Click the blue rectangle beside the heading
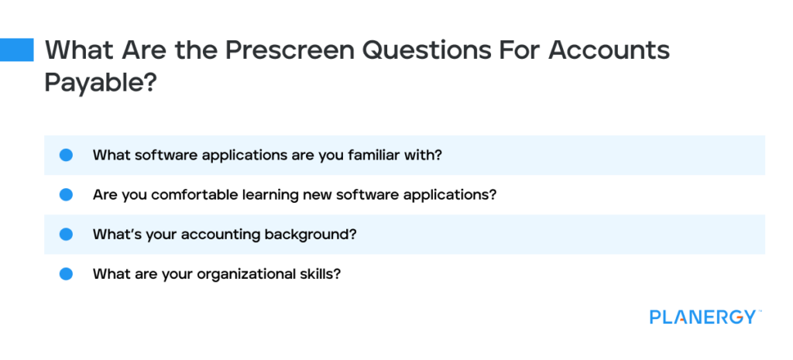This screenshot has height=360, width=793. [17, 50]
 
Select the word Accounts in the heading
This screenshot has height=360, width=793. [609, 50]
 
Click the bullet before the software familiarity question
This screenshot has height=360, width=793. [67, 155]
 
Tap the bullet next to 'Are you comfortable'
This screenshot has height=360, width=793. [67, 194]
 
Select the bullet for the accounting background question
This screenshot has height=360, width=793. [67, 234]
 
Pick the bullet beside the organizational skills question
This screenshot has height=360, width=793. [67, 274]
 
